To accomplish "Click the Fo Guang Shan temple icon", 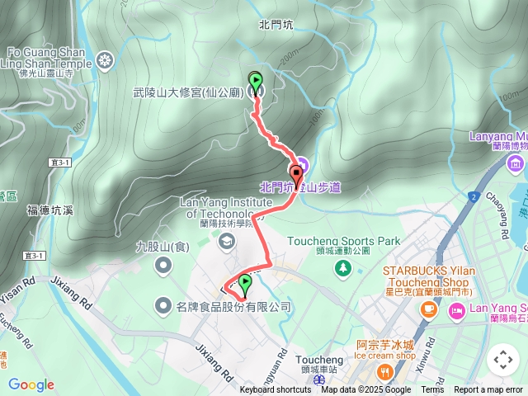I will tap(105, 60).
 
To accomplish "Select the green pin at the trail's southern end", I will tap(245, 285).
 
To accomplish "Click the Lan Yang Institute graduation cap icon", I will tap(226, 240).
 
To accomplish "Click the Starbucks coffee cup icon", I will tap(428, 309).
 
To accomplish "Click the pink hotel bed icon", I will tap(456, 310).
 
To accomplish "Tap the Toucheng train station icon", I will tap(318, 380).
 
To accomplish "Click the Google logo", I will tap(31, 384).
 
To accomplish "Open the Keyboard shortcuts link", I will tap(276, 390).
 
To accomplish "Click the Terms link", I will tap(432, 390).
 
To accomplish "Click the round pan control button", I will tap(503, 360).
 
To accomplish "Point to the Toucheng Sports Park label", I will tap(342, 242).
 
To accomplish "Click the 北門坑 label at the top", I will tap(276, 25).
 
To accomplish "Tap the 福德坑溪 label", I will tap(49, 210).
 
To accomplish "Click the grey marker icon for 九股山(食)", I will tap(164, 265).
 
